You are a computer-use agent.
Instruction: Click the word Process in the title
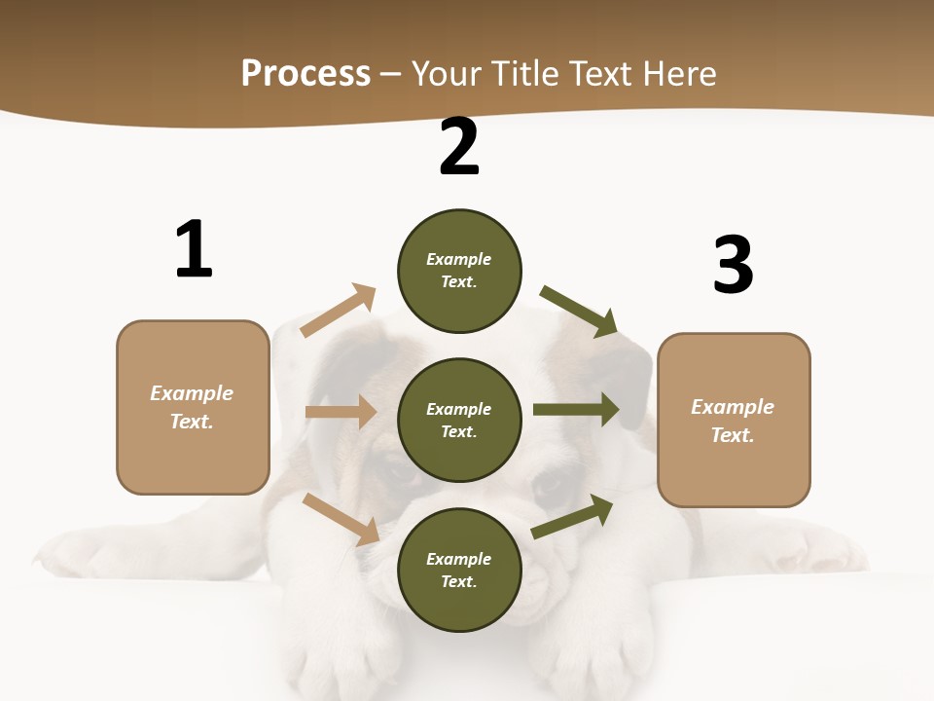305,74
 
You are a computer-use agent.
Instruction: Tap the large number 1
194,249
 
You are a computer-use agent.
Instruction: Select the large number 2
459,147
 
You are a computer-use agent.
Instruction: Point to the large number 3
734,265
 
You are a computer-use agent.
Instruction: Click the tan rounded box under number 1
193,407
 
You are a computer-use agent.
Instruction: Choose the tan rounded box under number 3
734,421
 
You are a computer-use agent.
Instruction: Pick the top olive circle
459,271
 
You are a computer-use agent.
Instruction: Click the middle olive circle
459,420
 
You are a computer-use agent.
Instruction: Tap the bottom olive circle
459,570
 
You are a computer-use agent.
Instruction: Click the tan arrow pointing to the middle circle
341,412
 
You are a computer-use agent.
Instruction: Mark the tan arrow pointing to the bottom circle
341,519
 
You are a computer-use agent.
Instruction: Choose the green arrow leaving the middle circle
576,410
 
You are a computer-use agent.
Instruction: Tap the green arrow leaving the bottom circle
573,516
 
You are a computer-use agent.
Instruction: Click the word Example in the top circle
459,259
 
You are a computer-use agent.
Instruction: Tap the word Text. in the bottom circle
459,581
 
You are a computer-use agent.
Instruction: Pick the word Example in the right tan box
733,407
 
